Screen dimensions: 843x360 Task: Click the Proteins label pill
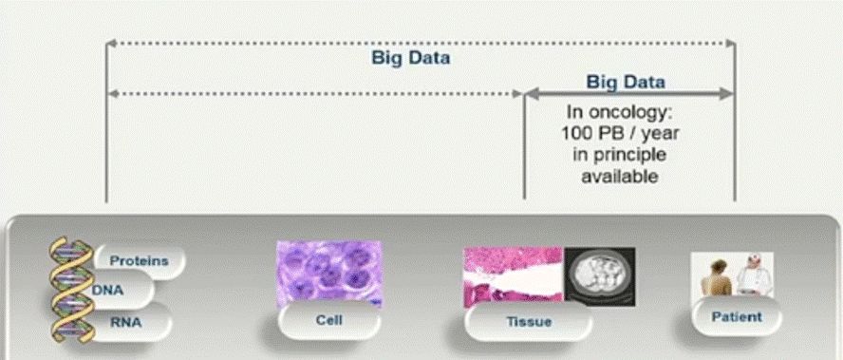pyautogui.click(x=140, y=261)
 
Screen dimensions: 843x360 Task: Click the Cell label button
pyautogui.click(x=329, y=321)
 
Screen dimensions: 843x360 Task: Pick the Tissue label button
pyautogui.click(x=529, y=322)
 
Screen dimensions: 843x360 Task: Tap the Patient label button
pyautogui.click(x=737, y=317)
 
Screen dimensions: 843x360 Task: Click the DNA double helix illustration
pyautogui.click(x=71, y=290)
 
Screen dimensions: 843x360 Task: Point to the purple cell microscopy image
pyautogui.click(x=329, y=274)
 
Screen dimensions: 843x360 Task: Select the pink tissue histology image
pyautogui.click(x=513, y=275)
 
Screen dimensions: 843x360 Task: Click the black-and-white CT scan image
pyautogui.click(x=599, y=276)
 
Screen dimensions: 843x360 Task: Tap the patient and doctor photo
pyautogui.click(x=732, y=275)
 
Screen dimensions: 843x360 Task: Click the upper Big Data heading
pyautogui.click(x=411, y=58)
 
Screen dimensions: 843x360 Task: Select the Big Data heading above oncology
pyautogui.click(x=626, y=82)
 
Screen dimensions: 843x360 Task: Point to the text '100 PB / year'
pyautogui.click(x=620, y=133)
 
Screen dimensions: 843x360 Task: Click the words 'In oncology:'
pyautogui.click(x=620, y=112)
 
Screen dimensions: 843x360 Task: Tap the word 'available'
pyautogui.click(x=620, y=176)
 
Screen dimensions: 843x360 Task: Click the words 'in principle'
pyautogui.click(x=620, y=155)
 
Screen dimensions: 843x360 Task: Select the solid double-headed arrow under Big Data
pyautogui.click(x=629, y=94)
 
